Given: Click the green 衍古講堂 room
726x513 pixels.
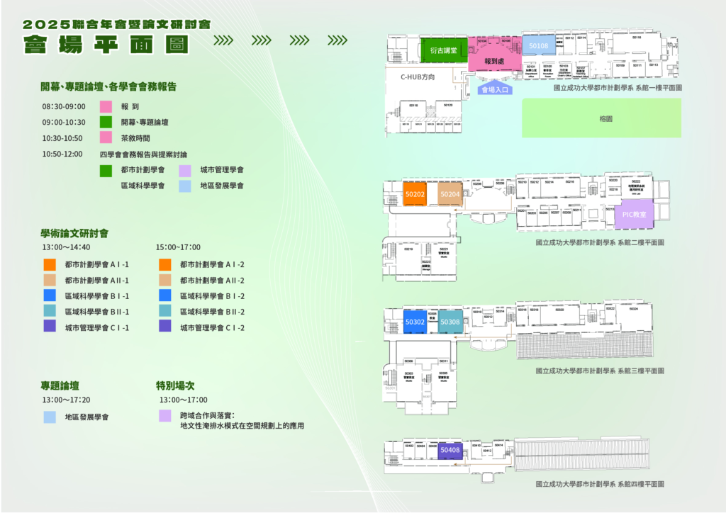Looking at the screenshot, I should pyautogui.click(x=443, y=50).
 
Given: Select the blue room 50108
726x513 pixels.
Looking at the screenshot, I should pyautogui.click(x=538, y=46).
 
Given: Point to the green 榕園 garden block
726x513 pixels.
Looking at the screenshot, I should pyautogui.click(x=601, y=118).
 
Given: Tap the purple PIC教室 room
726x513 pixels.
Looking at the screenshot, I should pyautogui.click(x=634, y=213).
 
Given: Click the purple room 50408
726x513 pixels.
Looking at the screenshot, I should pyautogui.click(x=450, y=450).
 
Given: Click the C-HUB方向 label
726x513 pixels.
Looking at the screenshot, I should pyautogui.click(x=417, y=77).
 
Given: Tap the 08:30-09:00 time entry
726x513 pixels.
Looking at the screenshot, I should pyautogui.click(x=63, y=107).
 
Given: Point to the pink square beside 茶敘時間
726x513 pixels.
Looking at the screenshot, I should pyautogui.click(x=106, y=137).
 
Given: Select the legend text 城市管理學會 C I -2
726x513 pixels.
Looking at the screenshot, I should pyautogui.click(x=212, y=328).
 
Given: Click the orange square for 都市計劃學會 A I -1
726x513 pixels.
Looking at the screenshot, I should pyautogui.click(x=50, y=264).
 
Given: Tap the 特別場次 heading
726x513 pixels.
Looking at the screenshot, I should pyautogui.click(x=177, y=386).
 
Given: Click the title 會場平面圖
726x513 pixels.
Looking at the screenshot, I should pyautogui.click(x=106, y=44).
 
